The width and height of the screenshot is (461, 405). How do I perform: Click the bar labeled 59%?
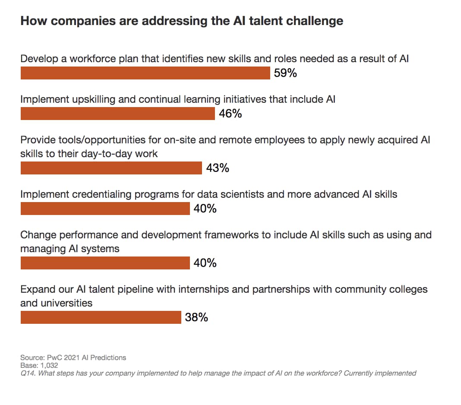coord(145,73)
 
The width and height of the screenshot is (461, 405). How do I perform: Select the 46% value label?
coord(230,114)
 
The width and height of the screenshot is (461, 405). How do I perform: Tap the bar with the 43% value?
coord(111,168)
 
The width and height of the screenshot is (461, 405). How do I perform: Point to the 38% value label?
coord(196,318)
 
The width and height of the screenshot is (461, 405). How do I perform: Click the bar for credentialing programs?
coord(105,209)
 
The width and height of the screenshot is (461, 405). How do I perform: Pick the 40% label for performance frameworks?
coord(205,263)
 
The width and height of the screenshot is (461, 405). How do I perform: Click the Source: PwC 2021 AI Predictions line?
coord(73,358)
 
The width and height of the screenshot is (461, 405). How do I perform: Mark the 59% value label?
coord(285,73)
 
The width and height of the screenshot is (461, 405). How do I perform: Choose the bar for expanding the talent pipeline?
coord(101,317)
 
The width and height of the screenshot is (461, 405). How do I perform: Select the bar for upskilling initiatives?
coord(117,114)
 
